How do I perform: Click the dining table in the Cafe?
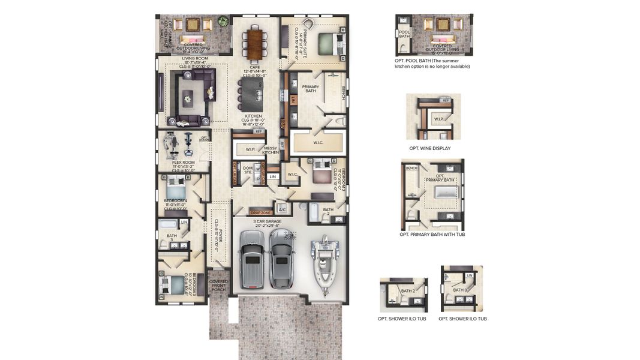point(256,43)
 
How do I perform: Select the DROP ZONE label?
point(261,212)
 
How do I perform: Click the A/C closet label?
point(282,209)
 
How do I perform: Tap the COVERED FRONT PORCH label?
point(218,286)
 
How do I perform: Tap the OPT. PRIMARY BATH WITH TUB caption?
point(432,235)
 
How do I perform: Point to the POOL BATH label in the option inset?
point(404,34)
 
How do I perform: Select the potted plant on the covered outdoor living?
point(223,22)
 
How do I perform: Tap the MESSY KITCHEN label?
point(271,151)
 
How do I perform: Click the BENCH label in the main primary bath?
point(344,93)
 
